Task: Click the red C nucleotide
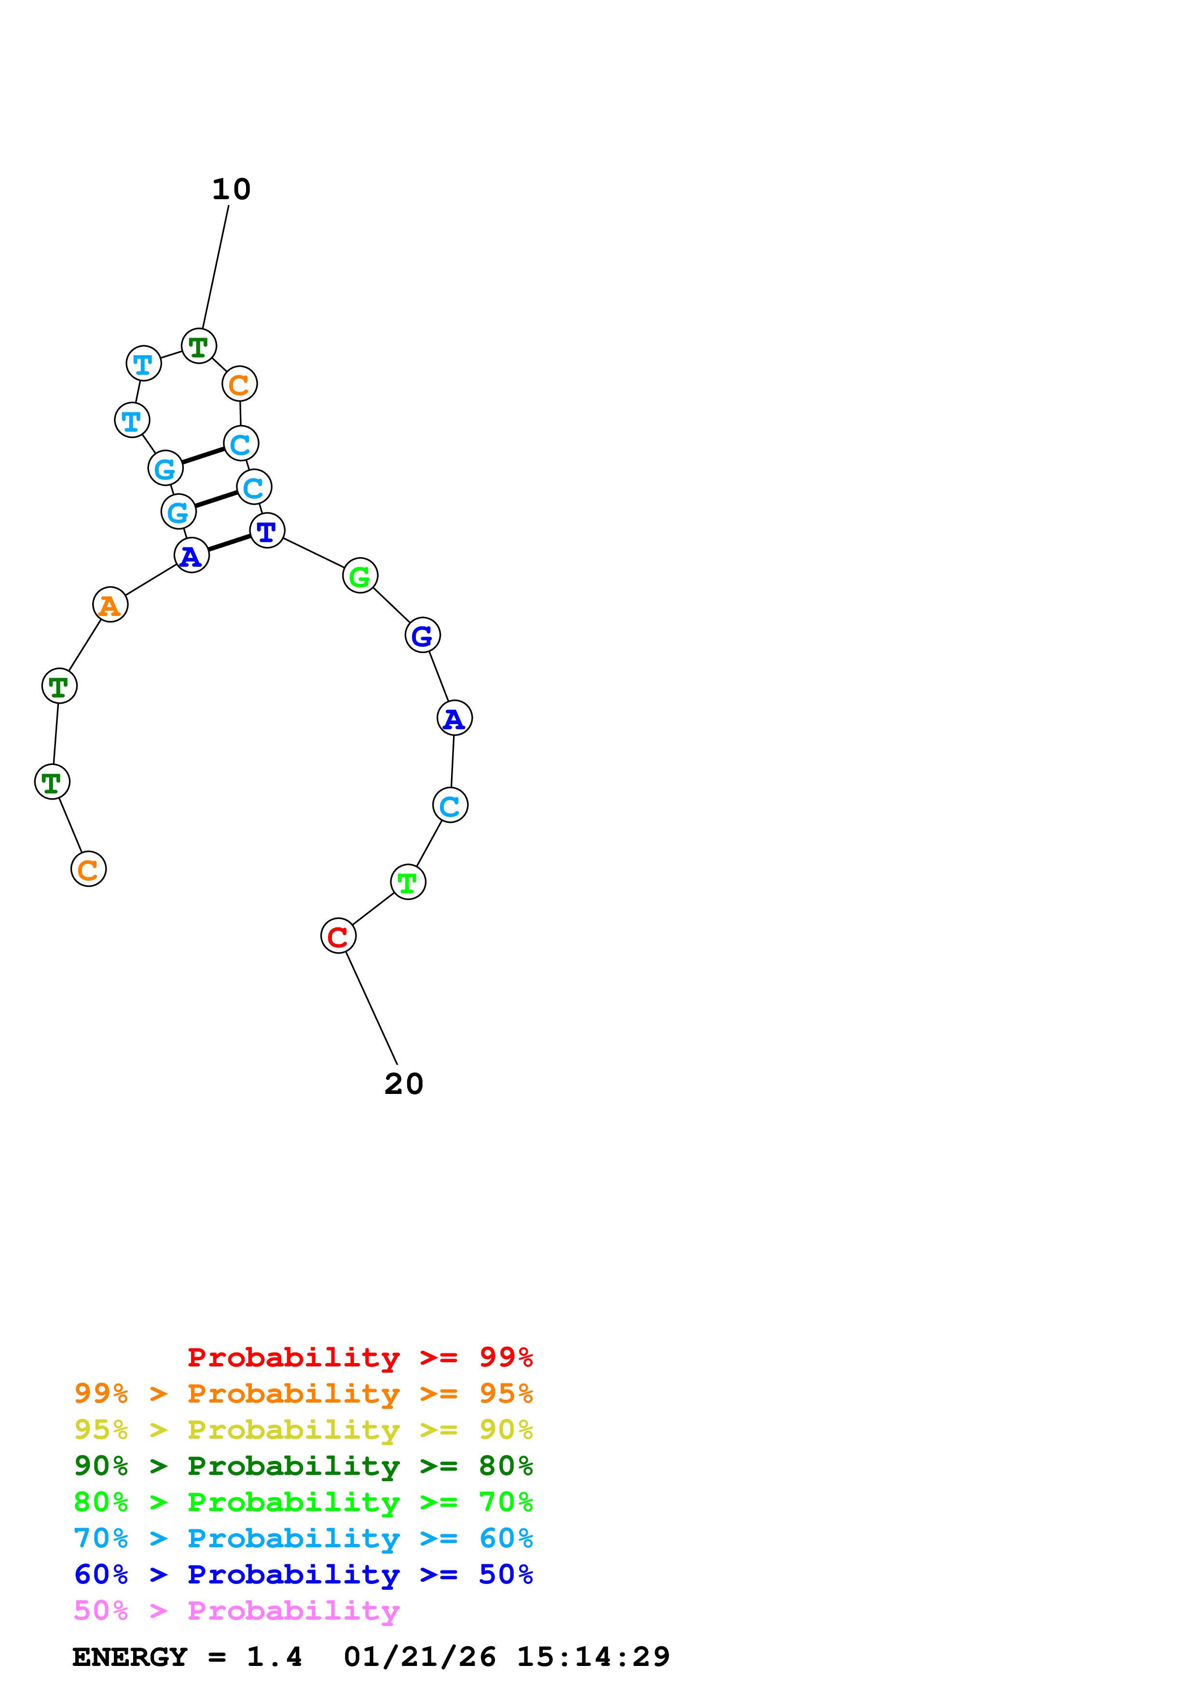pos(338,936)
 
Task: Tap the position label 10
pos(232,190)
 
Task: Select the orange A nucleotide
pos(110,605)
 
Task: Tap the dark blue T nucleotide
pos(267,531)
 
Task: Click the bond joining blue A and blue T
pos(229,543)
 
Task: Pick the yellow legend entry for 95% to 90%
pos(303,1430)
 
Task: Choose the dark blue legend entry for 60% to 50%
pos(303,1574)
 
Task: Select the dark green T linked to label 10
pos(199,346)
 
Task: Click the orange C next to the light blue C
pos(239,384)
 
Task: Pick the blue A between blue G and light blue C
pos(454,718)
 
